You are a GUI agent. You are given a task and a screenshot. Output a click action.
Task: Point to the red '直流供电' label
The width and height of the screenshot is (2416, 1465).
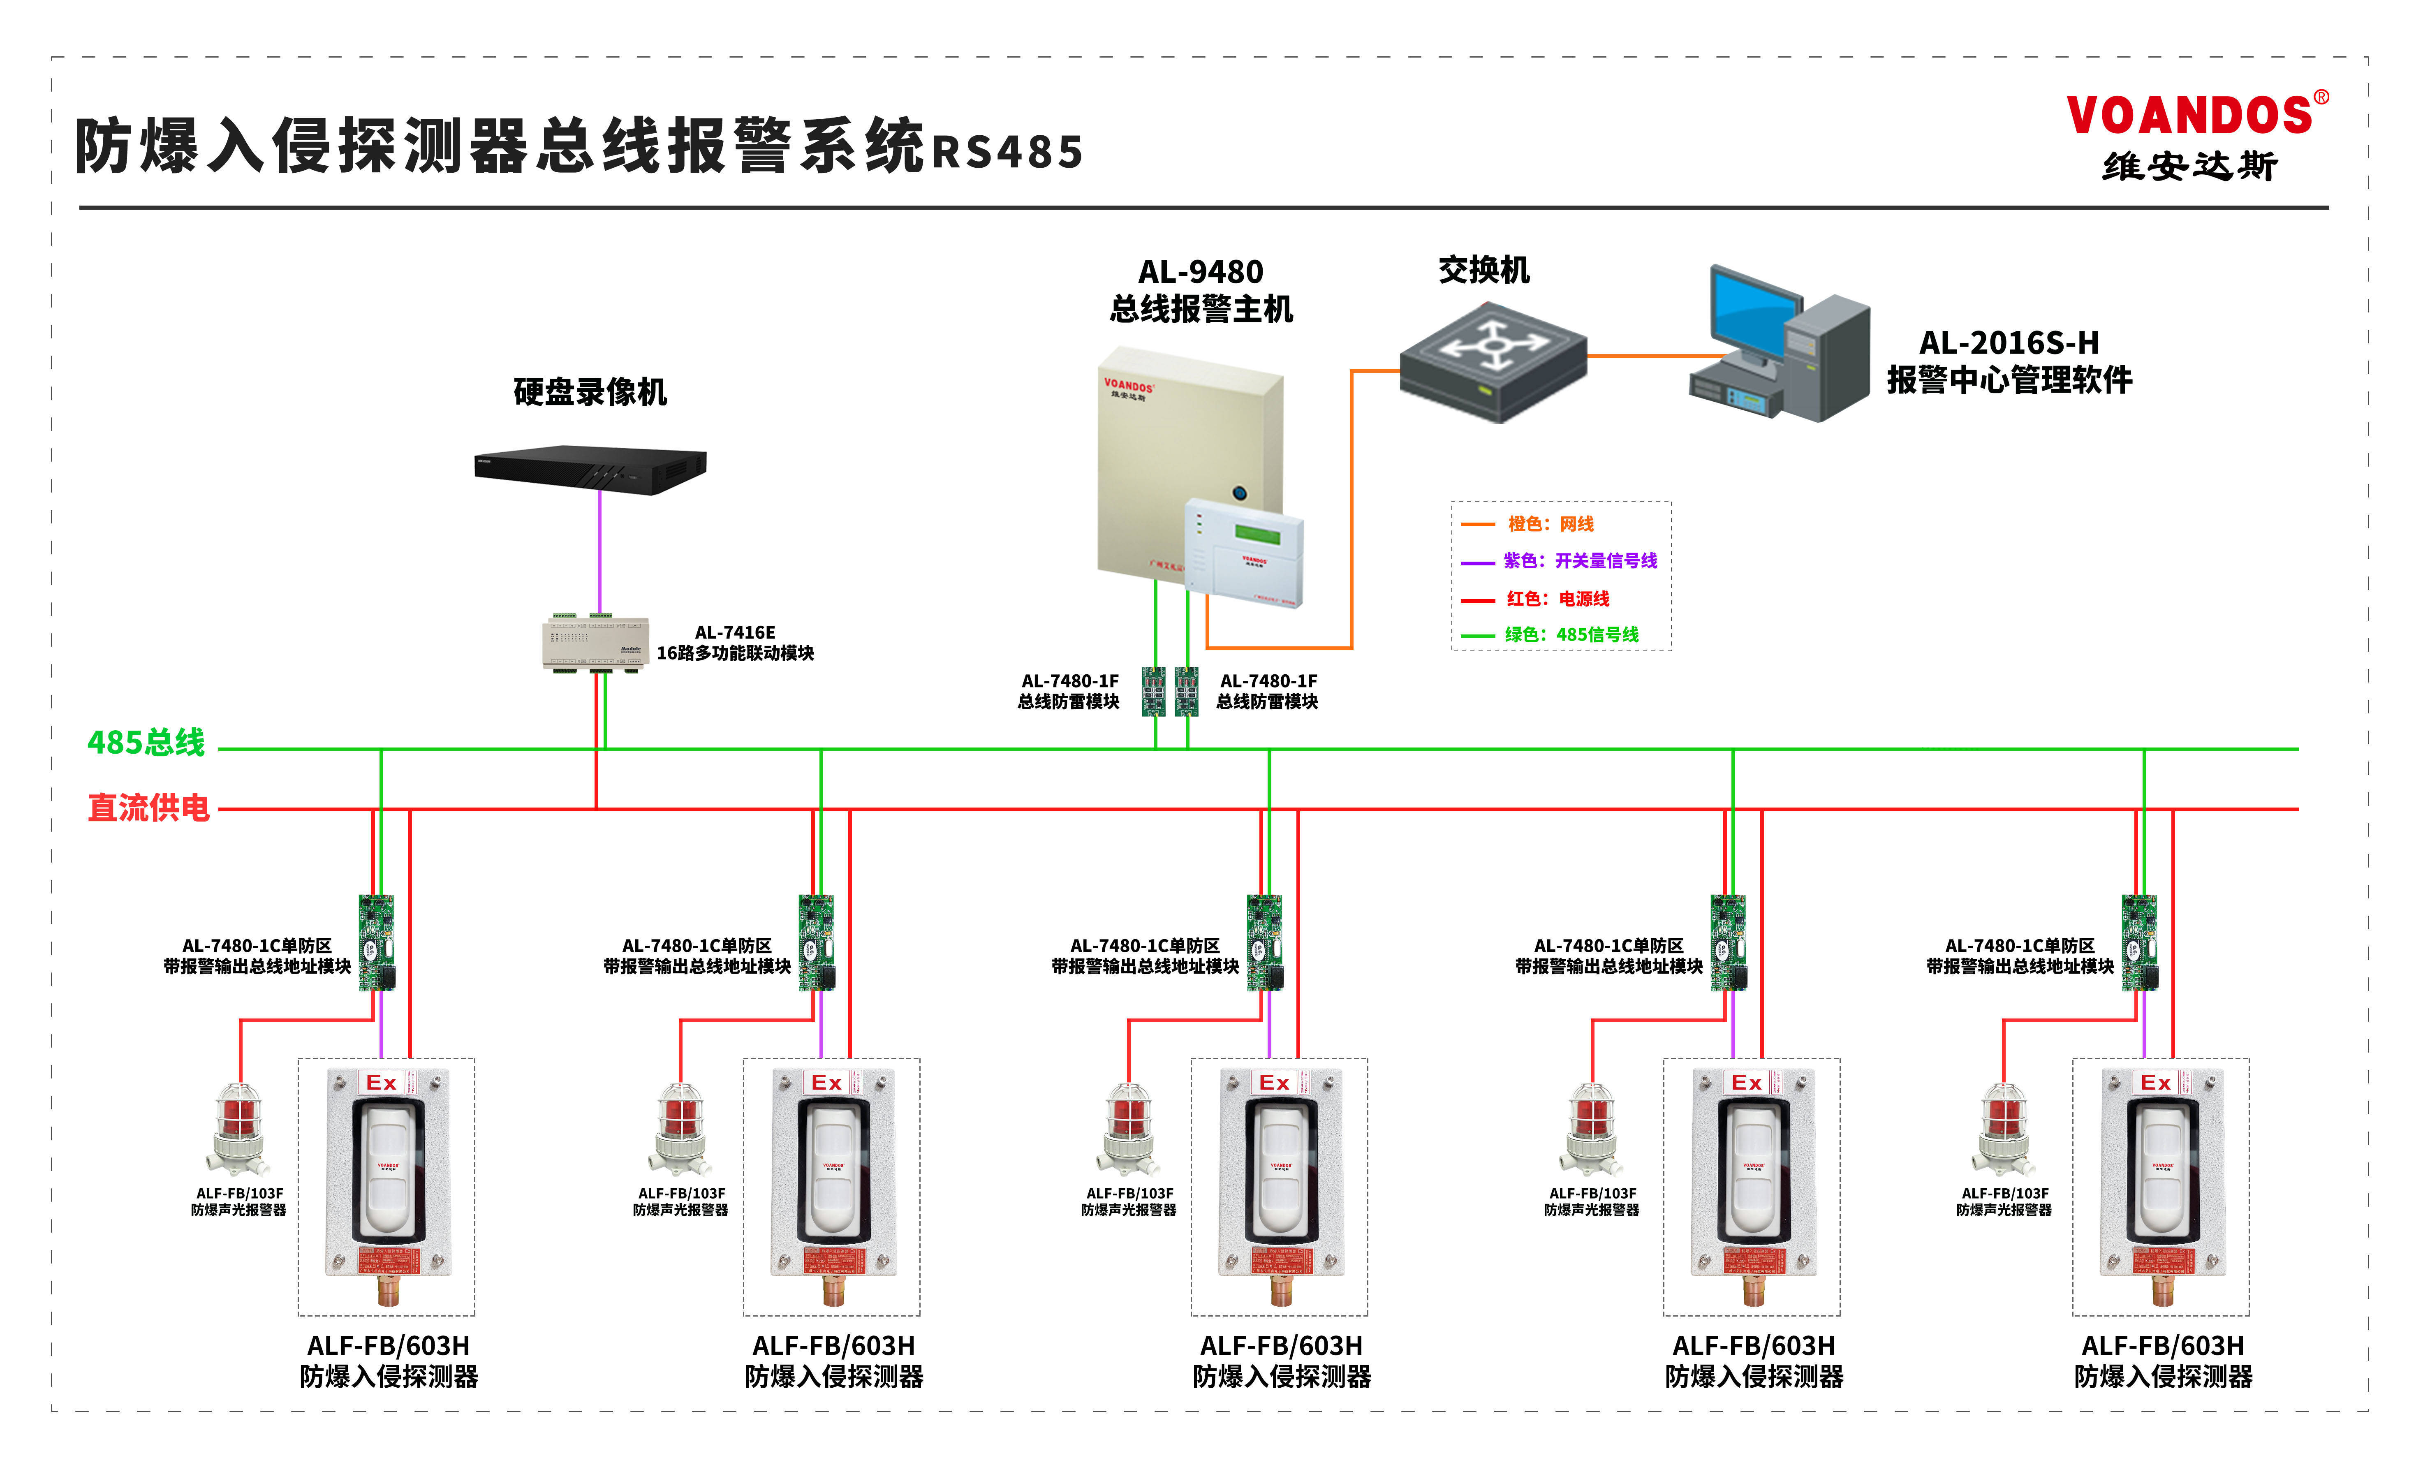pos(149,808)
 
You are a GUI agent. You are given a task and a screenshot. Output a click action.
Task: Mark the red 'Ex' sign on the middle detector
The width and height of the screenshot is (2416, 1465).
pos(1274,1083)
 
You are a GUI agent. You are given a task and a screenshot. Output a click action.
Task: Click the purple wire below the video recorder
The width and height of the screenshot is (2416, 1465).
pos(599,549)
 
